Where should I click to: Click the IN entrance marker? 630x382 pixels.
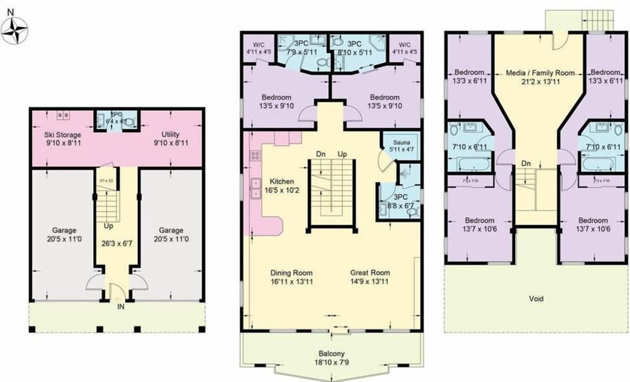pyautogui.click(x=121, y=306)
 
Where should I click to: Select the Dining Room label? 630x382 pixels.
pyautogui.click(x=291, y=272)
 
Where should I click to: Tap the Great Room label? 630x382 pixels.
pyautogui.click(x=370, y=272)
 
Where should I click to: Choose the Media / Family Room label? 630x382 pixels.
pyautogui.click(x=540, y=73)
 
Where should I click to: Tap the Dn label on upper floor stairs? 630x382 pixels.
pyautogui.click(x=526, y=163)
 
